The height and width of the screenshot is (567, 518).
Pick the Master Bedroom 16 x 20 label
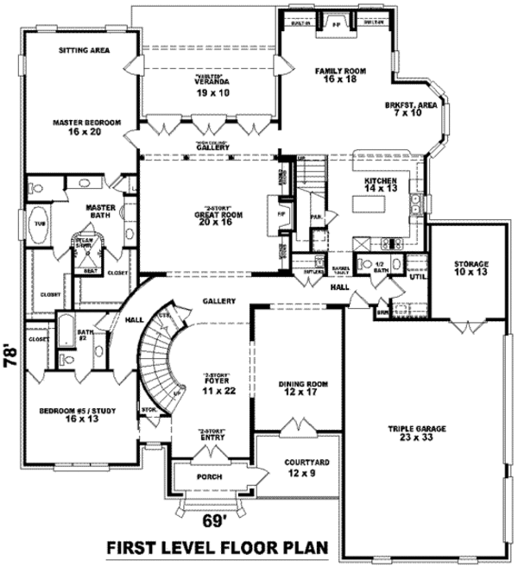coord(85,126)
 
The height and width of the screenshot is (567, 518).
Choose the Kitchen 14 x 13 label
coord(380,185)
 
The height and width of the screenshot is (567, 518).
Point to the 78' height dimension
coord(10,356)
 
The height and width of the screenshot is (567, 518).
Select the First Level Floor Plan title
coord(219,548)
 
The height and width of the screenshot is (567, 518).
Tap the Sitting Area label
coord(84,50)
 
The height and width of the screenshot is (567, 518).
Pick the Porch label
coord(210,477)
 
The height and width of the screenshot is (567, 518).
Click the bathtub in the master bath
coord(40,223)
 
